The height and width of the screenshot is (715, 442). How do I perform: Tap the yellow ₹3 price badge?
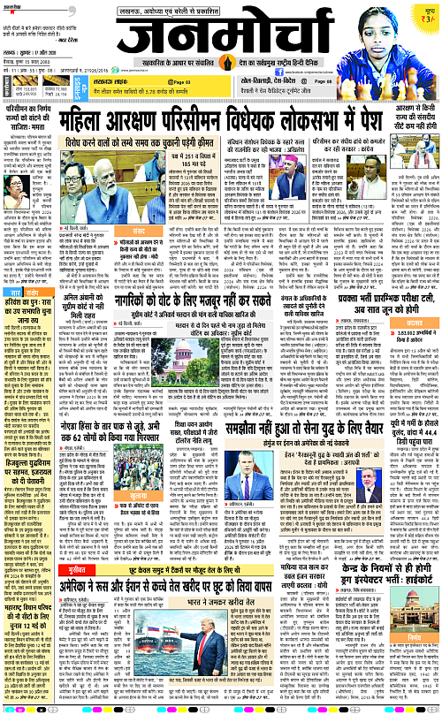(x=426, y=13)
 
